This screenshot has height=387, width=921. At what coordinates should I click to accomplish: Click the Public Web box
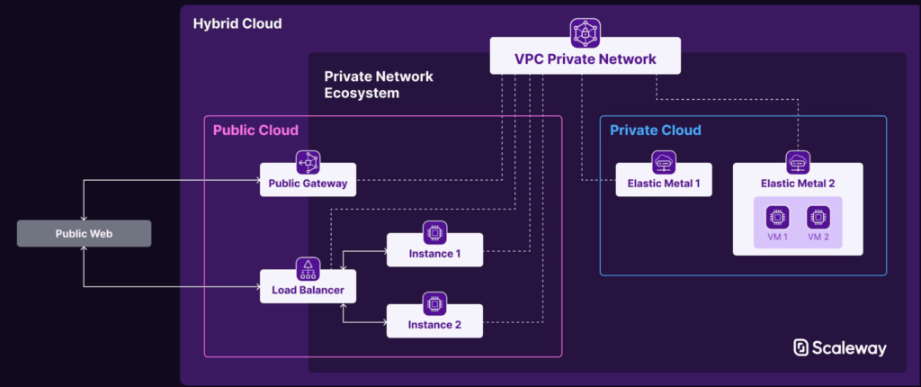point(84,233)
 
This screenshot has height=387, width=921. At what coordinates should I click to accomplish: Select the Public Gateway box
point(308,184)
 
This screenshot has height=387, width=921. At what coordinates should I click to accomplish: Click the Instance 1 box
point(434,253)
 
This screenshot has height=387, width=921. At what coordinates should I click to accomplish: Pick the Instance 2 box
point(434,323)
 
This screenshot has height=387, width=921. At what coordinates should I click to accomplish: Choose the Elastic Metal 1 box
point(664,184)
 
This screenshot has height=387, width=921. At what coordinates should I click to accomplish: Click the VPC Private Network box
point(585,60)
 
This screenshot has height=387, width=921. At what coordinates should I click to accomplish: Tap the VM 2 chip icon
point(817,217)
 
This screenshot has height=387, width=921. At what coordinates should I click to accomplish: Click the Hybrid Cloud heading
point(237,22)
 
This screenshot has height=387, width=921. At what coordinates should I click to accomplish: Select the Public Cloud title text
point(255,130)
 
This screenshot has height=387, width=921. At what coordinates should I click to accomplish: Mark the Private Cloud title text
point(656,130)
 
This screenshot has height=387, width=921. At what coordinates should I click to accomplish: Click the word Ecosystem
point(362,93)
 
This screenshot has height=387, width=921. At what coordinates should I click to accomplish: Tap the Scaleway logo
point(840,348)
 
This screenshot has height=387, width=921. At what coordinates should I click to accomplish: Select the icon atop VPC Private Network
point(585,32)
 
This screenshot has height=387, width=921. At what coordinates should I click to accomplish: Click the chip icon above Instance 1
point(434,232)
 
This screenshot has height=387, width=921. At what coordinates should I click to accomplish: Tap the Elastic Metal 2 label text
point(798,184)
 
